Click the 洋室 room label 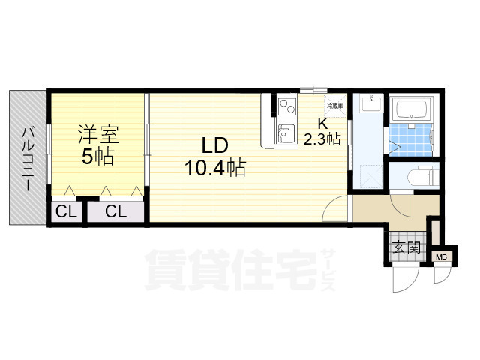click(x=98, y=135)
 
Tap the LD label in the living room click(x=215, y=145)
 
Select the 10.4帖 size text click(x=215, y=168)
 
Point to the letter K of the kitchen click(x=323, y=124)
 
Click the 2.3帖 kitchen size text click(x=322, y=139)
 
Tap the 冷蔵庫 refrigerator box click(x=335, y=106)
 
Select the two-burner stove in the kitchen click(x=287, y=106)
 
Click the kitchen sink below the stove click(x=286, y=133)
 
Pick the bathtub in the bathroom click(x=412, y=109)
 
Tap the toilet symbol click(x=423, y=176)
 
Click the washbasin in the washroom click(x=371, y=103)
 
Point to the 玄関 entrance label click(x=406, y=247)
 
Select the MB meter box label click(x=441, y=257)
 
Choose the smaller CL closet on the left click(x=66, y=211)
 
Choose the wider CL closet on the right click(x=115, y=211)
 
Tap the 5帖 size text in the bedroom click(x=98, y=157)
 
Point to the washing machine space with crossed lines click(x=371, y=176)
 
